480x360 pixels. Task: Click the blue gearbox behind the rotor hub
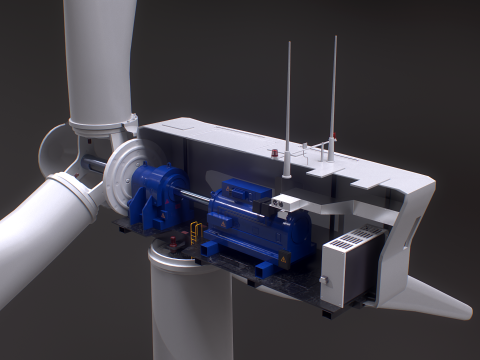coord(155,195)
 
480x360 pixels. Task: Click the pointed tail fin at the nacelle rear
coord(440,300)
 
